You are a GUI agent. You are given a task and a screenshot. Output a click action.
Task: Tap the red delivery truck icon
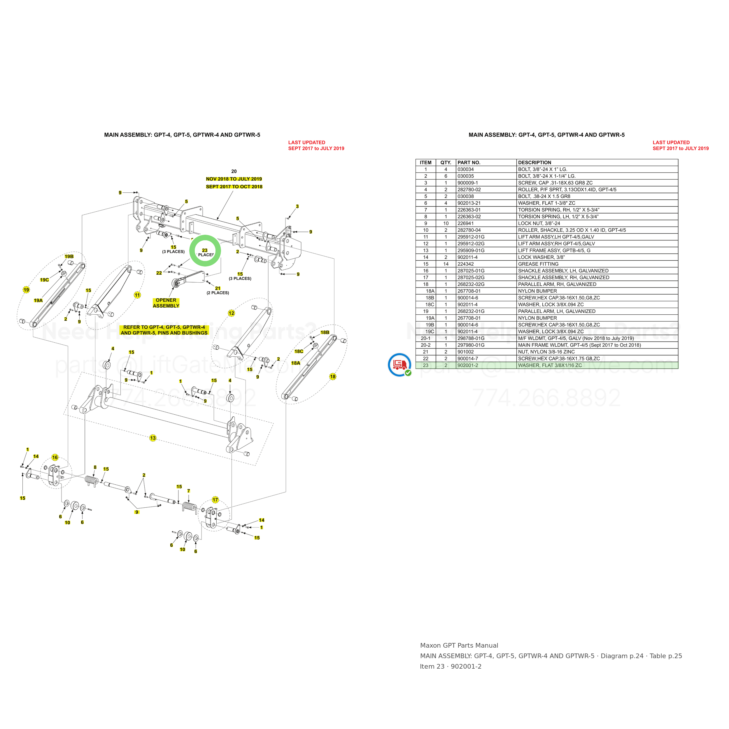[399, 365]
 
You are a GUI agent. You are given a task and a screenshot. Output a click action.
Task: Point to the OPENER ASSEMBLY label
[166, 303]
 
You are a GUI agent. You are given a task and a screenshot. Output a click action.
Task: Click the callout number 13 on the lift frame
[153, 438]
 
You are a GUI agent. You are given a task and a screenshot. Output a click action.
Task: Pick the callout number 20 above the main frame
[234, 171]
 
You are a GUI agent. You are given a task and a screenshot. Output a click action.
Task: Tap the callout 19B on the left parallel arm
[69, 257]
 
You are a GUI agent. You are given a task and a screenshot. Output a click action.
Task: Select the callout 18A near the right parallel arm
[295, 363]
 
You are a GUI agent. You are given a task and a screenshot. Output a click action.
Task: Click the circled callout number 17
[215, 500]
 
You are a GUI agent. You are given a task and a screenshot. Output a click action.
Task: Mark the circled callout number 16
[55, 457]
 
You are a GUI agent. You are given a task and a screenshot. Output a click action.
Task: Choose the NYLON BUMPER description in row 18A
[537, 291]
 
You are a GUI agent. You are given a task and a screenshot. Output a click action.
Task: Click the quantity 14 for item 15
[446, 264]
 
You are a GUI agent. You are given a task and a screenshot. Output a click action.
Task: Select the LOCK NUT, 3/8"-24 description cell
[539, 223]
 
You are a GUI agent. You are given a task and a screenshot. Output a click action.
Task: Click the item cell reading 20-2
[426, 345]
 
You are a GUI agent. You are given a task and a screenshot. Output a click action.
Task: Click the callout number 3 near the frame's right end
[297, 206]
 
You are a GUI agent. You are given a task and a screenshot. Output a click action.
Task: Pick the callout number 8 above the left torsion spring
[95, 467]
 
